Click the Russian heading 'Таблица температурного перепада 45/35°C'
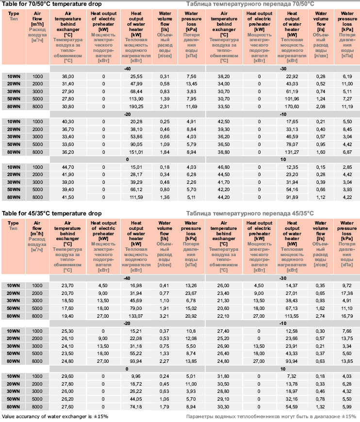(250, 213)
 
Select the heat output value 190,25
(136, 106)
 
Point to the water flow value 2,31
(165, 106)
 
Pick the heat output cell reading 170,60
(292, 106)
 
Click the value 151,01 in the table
(136, 151)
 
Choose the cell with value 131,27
(292, 151)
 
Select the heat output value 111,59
(136, 196)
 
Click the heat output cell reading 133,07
(136, 316)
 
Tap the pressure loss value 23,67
(191, 293)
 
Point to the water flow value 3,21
(165, 316)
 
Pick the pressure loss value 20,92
(191, 316)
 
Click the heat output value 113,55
(292, 316)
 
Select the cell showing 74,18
(136, 406)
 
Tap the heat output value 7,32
(292, 376)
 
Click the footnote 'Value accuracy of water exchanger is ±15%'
(55, 416)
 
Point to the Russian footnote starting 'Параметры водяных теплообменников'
(271, 417)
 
